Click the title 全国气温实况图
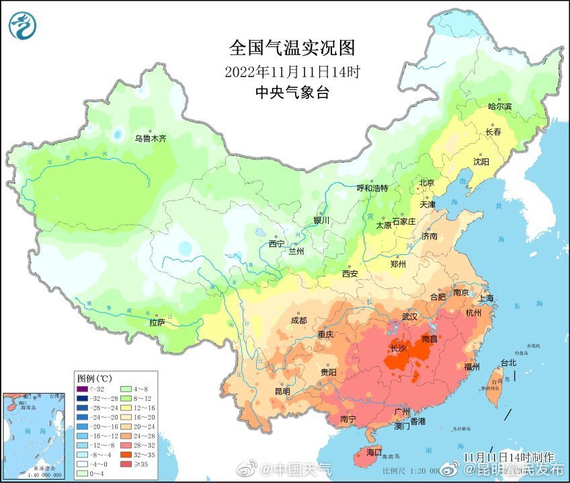(x=292, y=48)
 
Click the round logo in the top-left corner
(x=23, y=25)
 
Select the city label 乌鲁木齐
(x=149, y=139)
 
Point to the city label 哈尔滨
(x=499, y=106)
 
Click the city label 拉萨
(x=157, y=323)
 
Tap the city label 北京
(x=427, y=183)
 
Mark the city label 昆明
(x=282, y=392)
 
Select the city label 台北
(x=508, y=363)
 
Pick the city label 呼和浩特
(x=372, y=188)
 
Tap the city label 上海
(x=485, y=298)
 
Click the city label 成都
(x=299, y=321)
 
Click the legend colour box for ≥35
(x=124, y=463)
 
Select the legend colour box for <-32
(x=83, y=388)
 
